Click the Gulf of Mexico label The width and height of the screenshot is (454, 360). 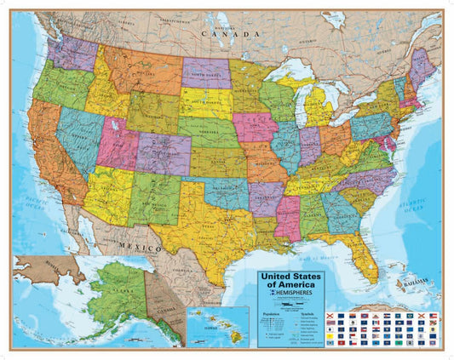tap(314, 256)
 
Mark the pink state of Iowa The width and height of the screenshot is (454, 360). tap(255, 127)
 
